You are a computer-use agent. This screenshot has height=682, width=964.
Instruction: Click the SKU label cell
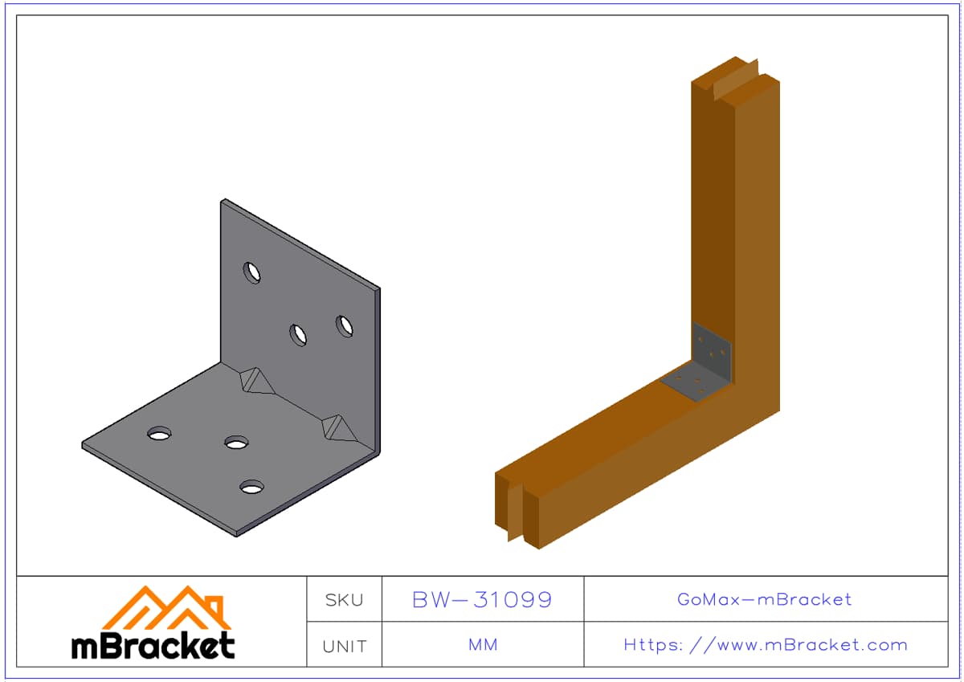pyautogui.click(x=344, y=600)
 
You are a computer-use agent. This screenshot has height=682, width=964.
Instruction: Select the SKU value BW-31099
pyautogui.click(x=482, y=600)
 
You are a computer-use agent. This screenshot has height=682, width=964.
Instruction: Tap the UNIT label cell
pyautogui.click(x=344, y=646)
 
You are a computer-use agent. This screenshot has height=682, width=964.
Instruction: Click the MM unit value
pyautogui.click(x=483, y=645)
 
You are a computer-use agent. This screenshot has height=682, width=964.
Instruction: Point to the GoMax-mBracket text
pyautogui.click(x=764, y=599)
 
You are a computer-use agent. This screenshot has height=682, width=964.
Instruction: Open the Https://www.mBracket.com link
pyautogui.click(x=765, y=645)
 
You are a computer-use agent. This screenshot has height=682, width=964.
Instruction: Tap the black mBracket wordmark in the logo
pyautogui.click(x=153, y=646)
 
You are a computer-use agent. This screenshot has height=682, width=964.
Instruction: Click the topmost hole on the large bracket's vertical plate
pyautogui.click(x=252, y=273)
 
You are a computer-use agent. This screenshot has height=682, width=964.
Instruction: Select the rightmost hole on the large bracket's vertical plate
pyautogui.click(x=345, y=326)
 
